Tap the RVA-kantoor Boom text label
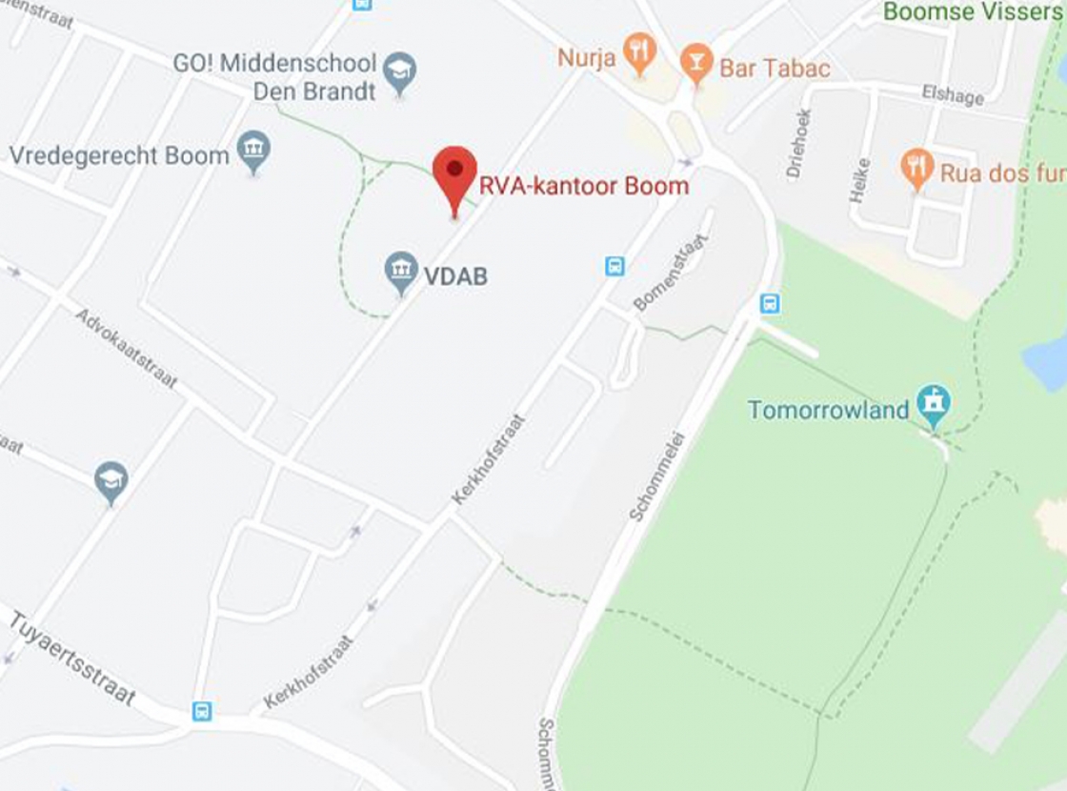coord(583,185)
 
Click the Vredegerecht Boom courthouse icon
coord(253,151)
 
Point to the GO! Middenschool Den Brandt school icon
coord(400,71)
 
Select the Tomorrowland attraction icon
coord(934,404)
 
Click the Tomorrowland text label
coord(828,411)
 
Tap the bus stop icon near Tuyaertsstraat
coord(201,711)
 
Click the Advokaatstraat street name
coord(127,348)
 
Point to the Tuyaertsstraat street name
coord(72,659)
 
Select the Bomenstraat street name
coord(673,272)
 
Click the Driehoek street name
coord(798,144)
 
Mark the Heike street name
coord(860,179)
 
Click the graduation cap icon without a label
coord(111,481)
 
